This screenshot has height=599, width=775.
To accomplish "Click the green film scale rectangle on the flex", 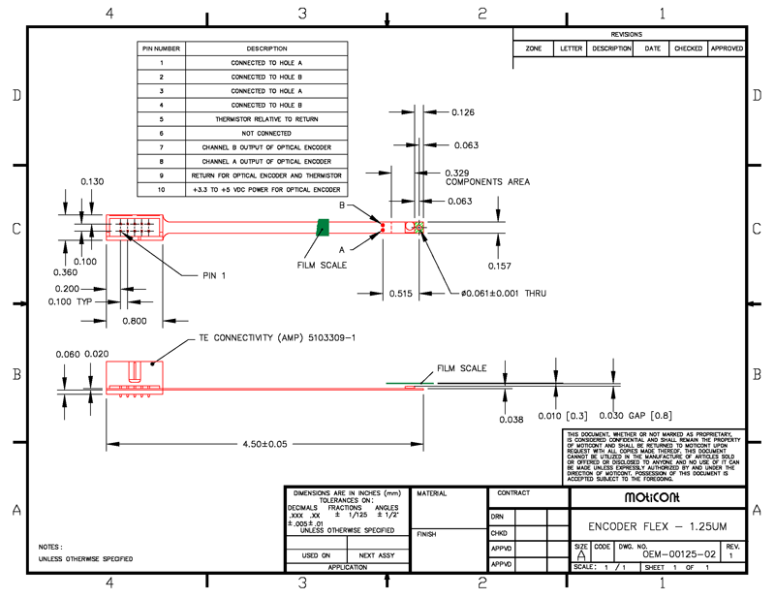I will pyautogui.click(x=324, y=227).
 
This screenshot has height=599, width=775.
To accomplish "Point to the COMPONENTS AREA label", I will pyautogui.click(x=487, y=181).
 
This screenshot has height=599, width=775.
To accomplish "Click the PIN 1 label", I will pyautogui.click(x=214, y=275).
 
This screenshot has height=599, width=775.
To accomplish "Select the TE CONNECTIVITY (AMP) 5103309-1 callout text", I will pyautogui.click(x=277, y=337).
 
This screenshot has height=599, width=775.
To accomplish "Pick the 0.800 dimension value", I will pyautogui.click(x=137, y=320).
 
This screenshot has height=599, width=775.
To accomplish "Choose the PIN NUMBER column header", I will pyautogui.click(x=162, y=47).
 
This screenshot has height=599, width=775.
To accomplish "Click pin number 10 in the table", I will pyautogui.click(x=162, y=189).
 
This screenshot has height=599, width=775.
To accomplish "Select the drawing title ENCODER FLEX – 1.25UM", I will pyautogui.click(x=658, y=526).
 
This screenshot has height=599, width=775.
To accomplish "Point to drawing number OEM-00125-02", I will pyautogui.click(x=678, y=553).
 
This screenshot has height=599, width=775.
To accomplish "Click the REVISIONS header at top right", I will pyautogui.click(x=627, y=34).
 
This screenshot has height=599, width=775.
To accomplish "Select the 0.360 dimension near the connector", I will pyautogui.click(x=65, y=272).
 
